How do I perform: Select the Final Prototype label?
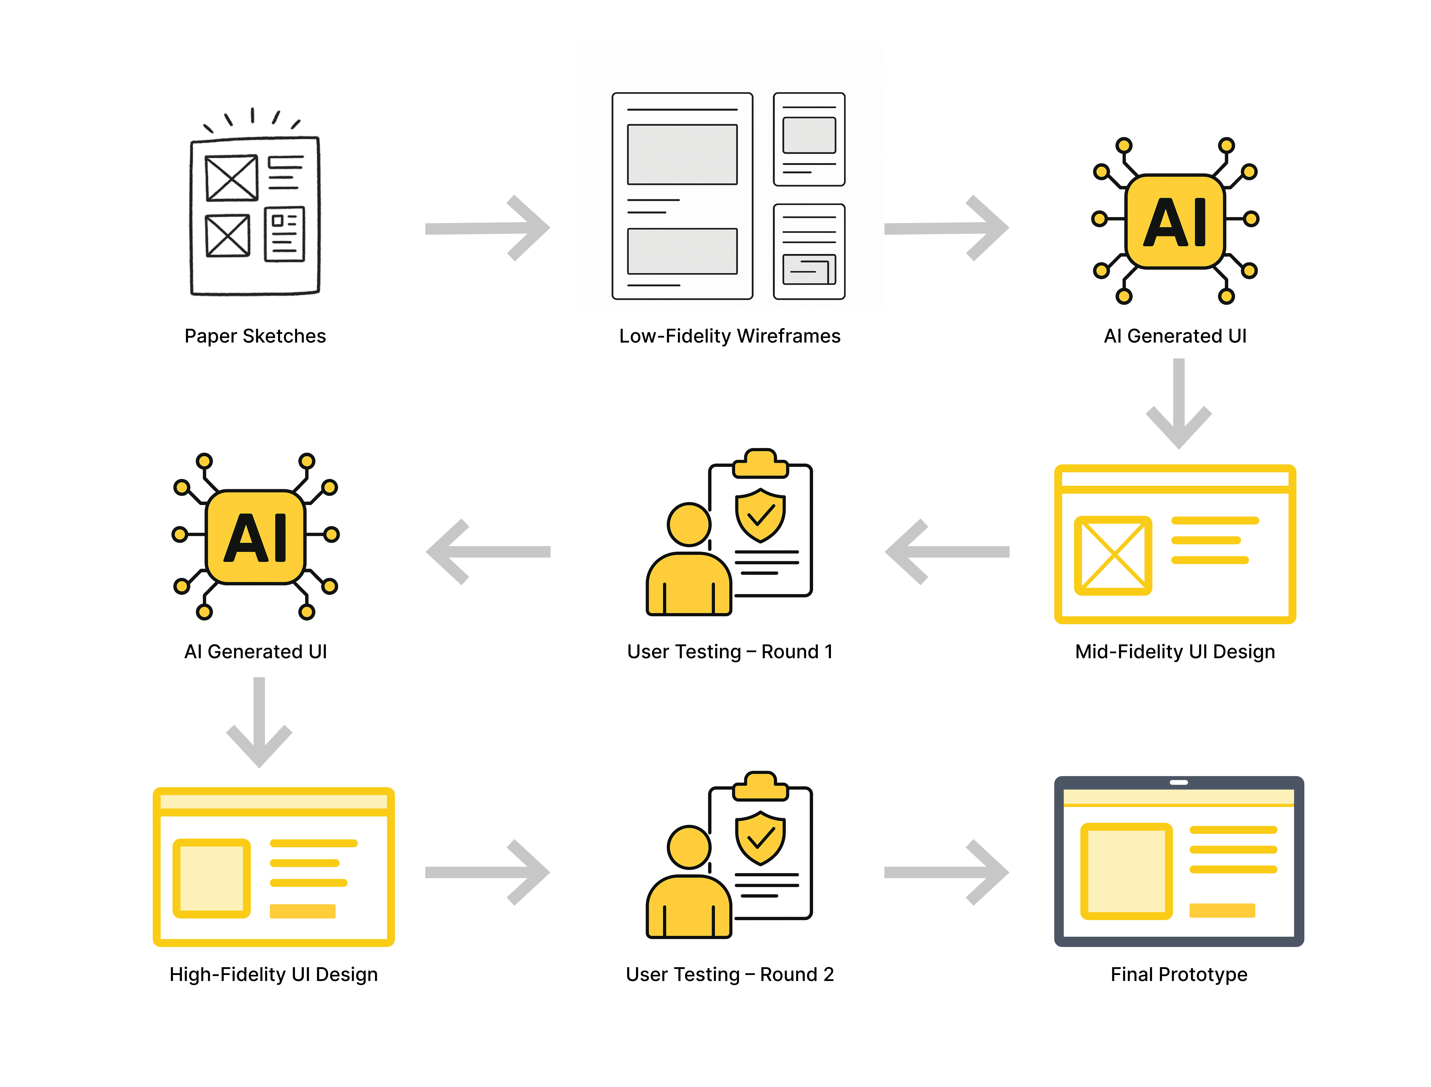coord(1179,974)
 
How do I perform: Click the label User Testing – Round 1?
coord(729,652)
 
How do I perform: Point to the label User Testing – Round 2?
coord(729,974)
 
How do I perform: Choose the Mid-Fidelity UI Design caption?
coord(1175,652)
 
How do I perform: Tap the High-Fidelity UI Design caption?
coord(273,974)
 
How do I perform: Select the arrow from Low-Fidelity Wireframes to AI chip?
coord(946,228)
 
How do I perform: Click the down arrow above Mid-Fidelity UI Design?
coord(1179,404)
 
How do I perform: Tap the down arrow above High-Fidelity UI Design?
coord(259,723)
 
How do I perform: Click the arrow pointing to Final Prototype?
coord(946,872)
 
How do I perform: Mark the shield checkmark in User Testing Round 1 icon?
coord(760,515)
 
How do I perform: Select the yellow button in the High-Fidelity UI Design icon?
coord(302,911)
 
